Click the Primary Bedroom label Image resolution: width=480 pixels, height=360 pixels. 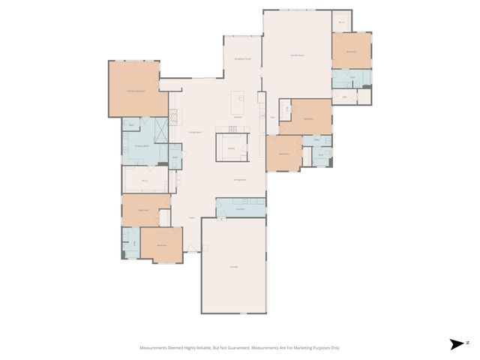pos(135,91)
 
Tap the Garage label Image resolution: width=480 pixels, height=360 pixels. pos(233,267)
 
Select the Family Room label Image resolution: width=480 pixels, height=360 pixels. pos(297,55)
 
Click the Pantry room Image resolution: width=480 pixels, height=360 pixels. pos(232,148)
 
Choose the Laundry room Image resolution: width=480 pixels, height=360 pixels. pos(240,208)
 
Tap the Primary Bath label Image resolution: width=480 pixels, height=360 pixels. pos(139,145)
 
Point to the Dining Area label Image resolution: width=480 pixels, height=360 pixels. pos(240,180)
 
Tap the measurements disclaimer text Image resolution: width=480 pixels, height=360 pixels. pos(240,348)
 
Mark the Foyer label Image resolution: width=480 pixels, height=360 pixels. pos(192,217)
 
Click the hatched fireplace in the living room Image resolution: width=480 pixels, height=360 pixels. pos(174,118)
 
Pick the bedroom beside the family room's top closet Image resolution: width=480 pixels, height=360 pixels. pos(351,51)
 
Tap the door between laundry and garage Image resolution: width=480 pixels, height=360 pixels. pos(222,218)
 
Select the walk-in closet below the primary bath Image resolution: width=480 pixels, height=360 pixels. pos(144,181)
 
